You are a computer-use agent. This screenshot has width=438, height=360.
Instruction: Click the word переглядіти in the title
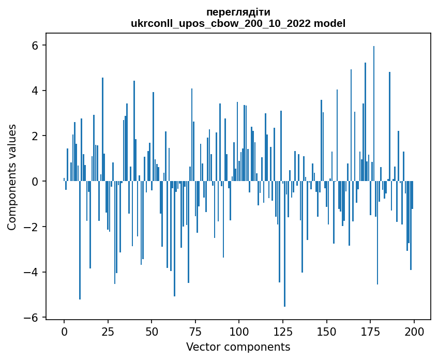[238, 12]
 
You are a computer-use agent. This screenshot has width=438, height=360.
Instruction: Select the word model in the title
[331, 23]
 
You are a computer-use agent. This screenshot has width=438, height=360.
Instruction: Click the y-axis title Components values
[12, 177]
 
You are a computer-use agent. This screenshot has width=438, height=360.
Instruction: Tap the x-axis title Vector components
[238, 347]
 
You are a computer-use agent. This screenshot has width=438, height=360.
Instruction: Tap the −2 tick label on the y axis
[33, 227]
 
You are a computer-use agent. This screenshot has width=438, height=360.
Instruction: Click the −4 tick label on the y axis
[33, 272]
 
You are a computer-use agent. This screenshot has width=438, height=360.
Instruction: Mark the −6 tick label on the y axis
[33, 318]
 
